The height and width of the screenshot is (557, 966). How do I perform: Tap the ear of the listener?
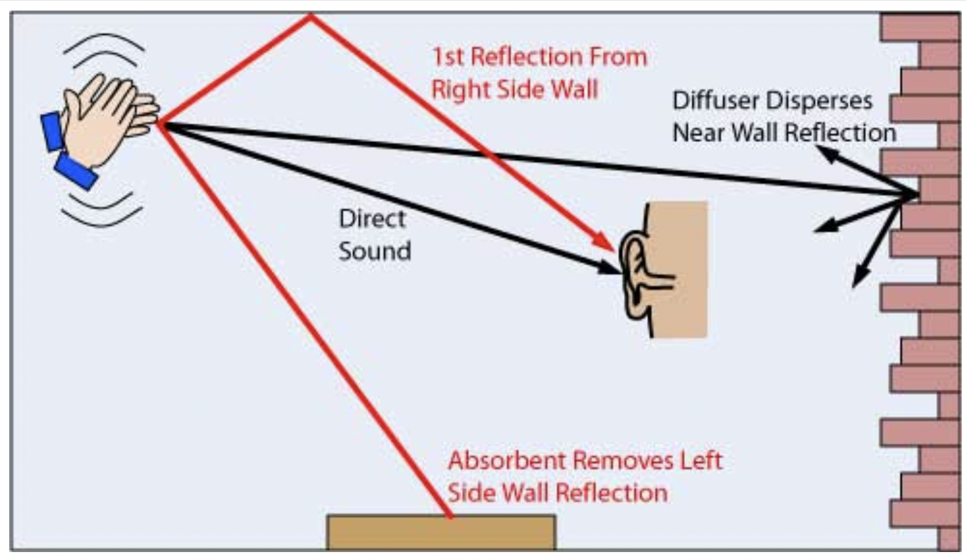(x=642, y=276)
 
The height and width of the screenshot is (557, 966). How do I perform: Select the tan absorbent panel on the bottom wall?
(x=441, y=532)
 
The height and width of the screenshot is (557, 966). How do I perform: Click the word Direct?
(x=372, y=219)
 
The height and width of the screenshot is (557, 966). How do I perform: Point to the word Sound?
(x=374, y=251)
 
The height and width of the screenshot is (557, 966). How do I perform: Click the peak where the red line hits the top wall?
(x=310, y=16)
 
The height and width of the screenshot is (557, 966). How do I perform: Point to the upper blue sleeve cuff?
(x=53, y=131)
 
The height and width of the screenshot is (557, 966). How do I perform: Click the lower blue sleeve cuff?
(x=76, y=171)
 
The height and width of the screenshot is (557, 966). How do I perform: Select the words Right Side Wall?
(x=515, y=90)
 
